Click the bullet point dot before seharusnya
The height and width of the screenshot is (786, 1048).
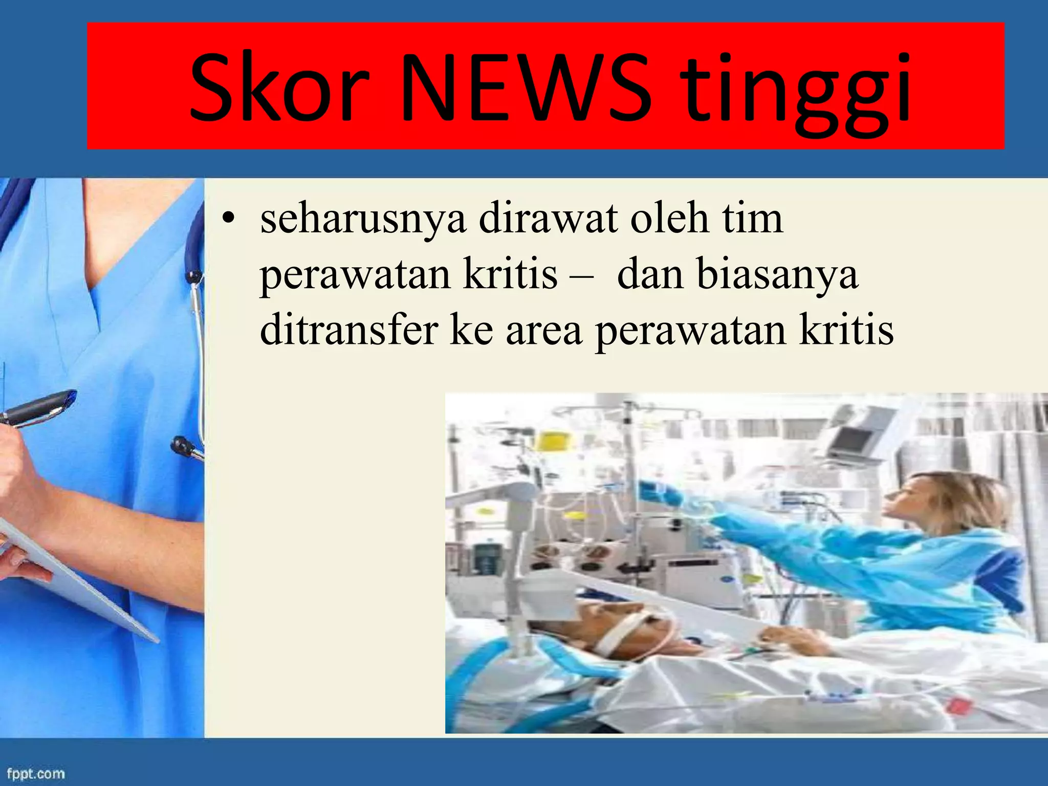[228, 219]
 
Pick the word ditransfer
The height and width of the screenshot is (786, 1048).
[348, 330]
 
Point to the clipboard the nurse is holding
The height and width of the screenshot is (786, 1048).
[77, 578]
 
